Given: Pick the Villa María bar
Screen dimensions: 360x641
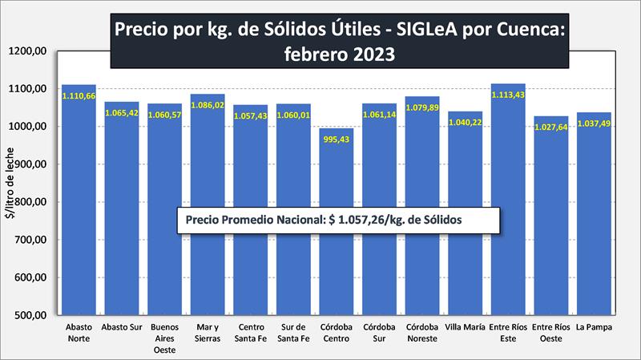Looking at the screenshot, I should pos(465,265).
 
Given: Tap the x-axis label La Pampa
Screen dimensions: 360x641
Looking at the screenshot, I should pos(594,328).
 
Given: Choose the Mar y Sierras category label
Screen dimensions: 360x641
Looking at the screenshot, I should pos(207,333).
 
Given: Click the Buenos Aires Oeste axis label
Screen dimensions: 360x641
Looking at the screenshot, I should pos(164,338).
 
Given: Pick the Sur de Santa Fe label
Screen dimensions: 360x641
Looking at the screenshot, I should pos(292,333).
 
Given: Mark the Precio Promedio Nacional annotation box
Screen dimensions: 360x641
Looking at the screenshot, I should pos(338,220).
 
